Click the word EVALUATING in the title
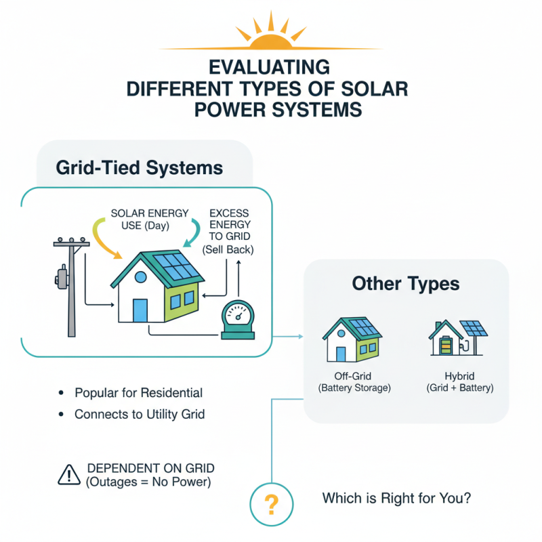click(270, 68)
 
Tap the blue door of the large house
click(140, 310)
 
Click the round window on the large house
click(141, 276)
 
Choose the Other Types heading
click(406, 284)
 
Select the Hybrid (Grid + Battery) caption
click(459, 382)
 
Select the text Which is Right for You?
click(396, 499)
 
